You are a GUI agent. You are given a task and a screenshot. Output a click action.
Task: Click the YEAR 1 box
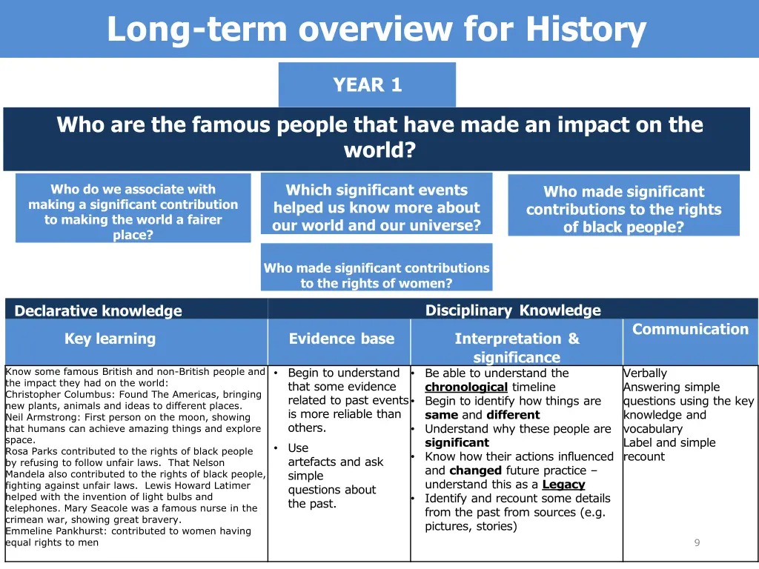click(x=367, y=85)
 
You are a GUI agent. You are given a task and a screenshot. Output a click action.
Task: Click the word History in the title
click(x=586, y=30)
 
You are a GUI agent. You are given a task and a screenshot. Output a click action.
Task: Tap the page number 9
click(x=696, y=542)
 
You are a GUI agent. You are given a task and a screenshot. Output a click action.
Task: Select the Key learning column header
click(x=110, y=339)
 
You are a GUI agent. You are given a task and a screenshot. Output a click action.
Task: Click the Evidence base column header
click(x=341, y=339)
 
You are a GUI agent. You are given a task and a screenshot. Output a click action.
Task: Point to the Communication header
click(x=690, y=329)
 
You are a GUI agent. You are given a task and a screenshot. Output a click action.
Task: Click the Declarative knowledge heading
click(x=98, y=310)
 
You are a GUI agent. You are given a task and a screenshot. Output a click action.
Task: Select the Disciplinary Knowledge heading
click(x=513, y=310)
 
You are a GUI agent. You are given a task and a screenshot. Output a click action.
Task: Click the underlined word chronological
click(x=466, y=387)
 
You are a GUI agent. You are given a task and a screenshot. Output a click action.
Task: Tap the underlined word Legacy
click(x=563, y=485)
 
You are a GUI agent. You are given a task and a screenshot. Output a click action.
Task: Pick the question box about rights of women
click(x=377, y=275)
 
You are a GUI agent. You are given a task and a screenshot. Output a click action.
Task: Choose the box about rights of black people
click(x=623, y=209)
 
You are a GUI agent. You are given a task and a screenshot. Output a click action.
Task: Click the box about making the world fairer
click(x=133, y=212)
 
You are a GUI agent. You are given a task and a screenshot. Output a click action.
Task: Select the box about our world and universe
click(x=377, y=207)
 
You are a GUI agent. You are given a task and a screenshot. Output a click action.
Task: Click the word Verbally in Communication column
click(x=645, y=373)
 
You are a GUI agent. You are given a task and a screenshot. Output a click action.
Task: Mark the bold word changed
click(x=475, y=470)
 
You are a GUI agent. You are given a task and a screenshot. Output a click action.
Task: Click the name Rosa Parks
click(x=30, y=451)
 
